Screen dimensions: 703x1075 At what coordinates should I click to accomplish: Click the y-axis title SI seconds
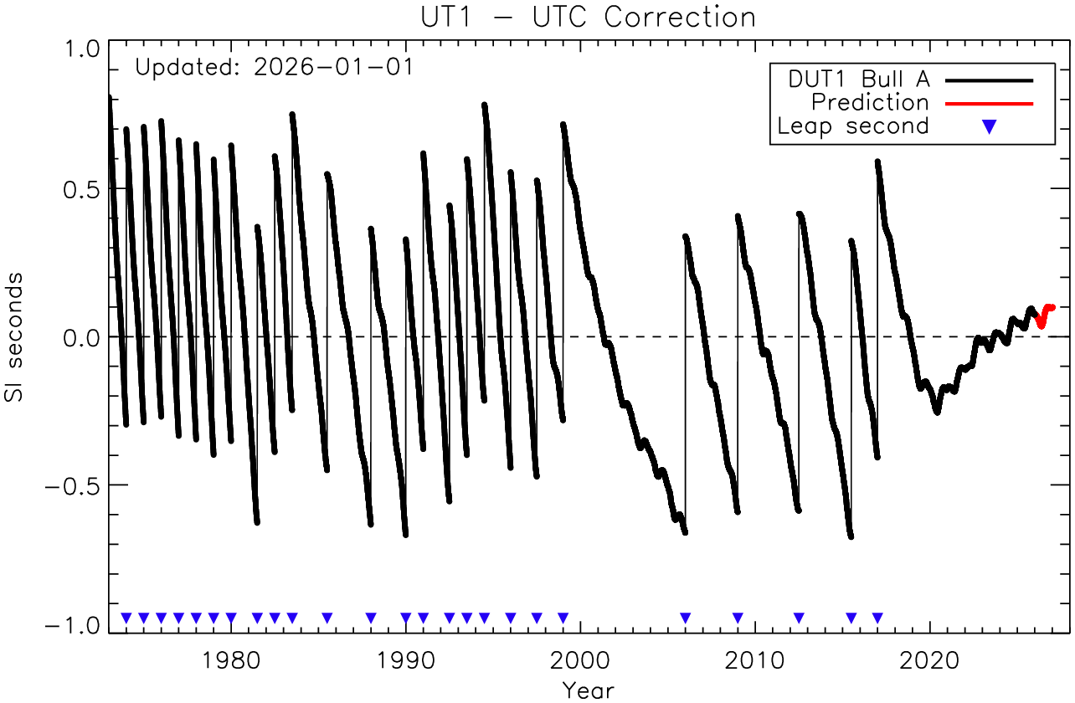(x=18, y=336)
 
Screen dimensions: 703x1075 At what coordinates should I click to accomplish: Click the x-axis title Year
(x=588, y=690)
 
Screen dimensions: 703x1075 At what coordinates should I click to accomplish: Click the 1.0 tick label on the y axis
(x=80, y=49)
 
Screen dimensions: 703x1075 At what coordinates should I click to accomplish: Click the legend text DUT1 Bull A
(x=859, y=80)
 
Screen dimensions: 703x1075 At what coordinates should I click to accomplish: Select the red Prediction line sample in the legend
(x=989, y=103)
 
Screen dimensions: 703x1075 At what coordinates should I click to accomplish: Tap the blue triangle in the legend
(x=989, y=126)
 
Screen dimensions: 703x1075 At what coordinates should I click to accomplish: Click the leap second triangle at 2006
(x=686, y=618)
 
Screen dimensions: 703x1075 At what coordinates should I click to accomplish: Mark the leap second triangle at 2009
(x=738, y=618)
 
